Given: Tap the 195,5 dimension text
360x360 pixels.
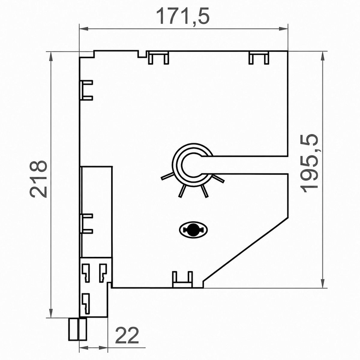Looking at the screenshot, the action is coord(309,163).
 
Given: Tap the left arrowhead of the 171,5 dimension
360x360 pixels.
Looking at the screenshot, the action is coord(84,29).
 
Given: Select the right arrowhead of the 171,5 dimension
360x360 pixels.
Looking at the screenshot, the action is coord(283,29).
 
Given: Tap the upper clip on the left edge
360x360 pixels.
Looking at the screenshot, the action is coord(86,90).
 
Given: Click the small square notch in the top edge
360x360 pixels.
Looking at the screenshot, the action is coord(142,54).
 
